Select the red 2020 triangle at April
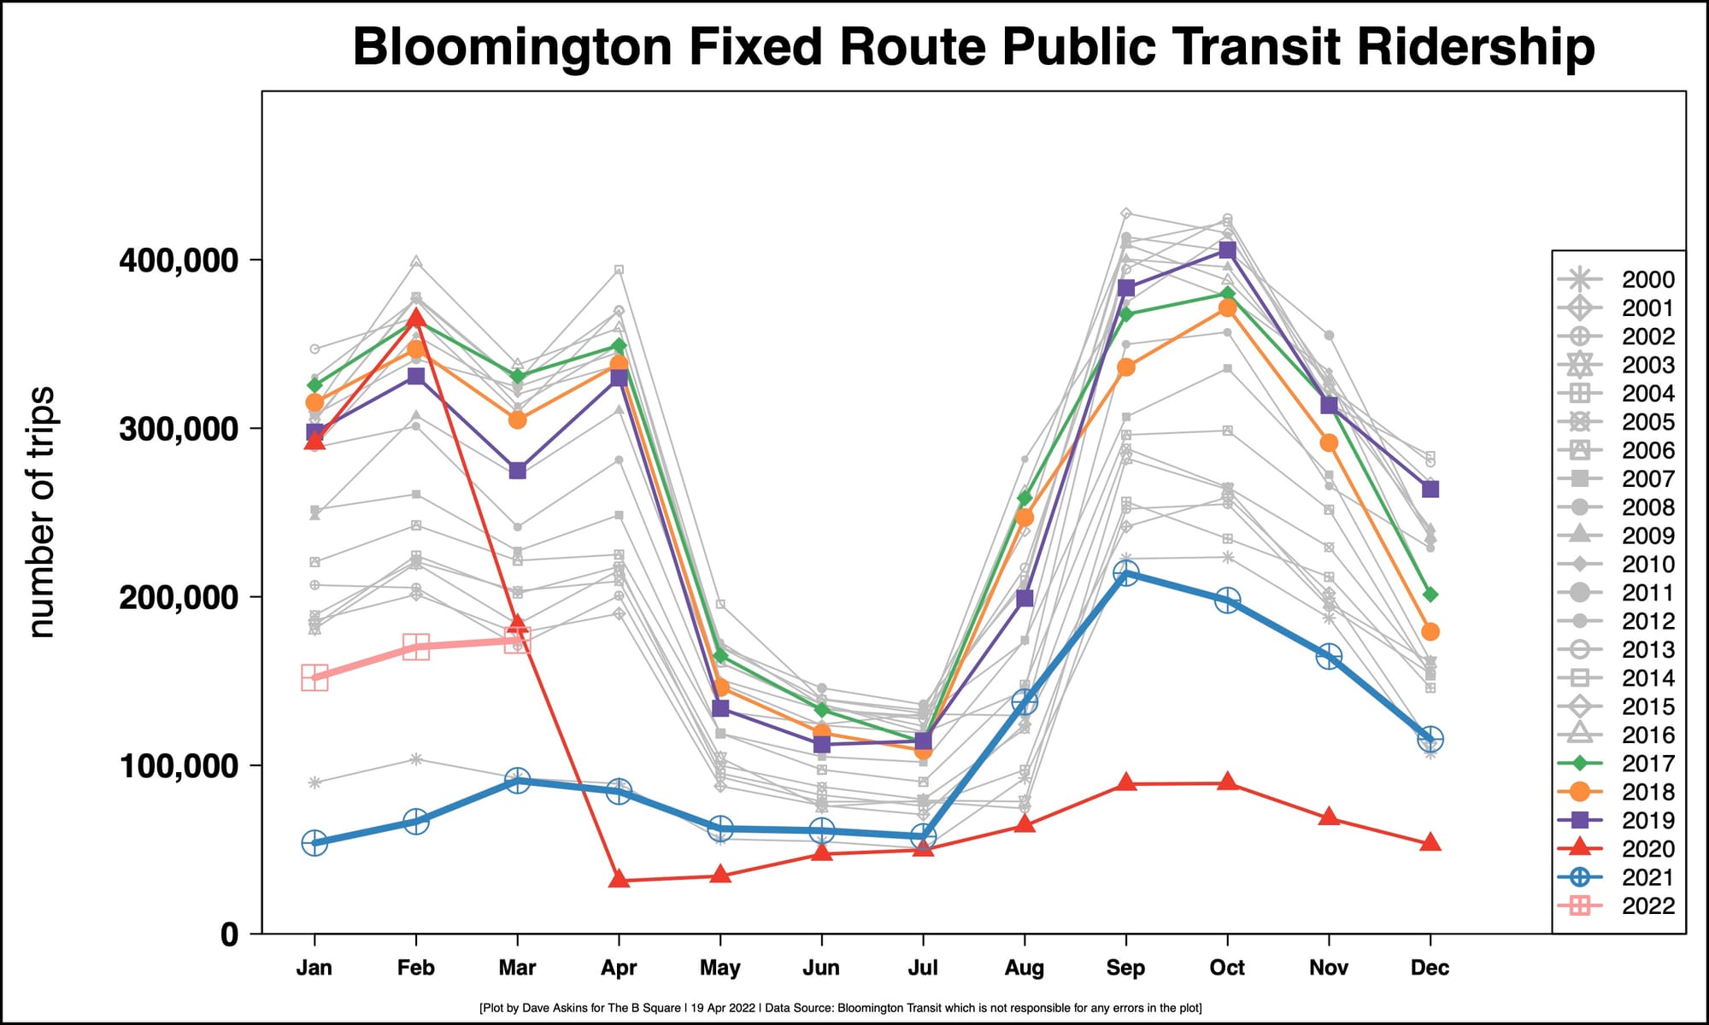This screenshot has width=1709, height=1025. (619, 879)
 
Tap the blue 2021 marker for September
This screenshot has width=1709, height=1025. (1125, 573)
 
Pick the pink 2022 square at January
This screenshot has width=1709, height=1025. (314, 678)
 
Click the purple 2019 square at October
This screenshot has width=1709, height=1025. (1227, 250)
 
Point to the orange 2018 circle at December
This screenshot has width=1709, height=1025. (1430, 632)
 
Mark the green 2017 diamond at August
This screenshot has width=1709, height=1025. (1025, 498)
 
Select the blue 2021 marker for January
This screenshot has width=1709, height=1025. (314, 843)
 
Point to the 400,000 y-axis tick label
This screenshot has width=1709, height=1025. (179, 260)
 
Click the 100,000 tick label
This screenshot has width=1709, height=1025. (179, 766)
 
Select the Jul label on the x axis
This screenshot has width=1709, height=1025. (923, 968)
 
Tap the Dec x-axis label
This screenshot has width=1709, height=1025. (1430, 968)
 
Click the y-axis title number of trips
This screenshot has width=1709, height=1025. (41, 512)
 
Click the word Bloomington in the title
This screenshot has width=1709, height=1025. (512, 47)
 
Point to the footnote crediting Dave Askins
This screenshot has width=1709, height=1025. (841, 1008)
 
